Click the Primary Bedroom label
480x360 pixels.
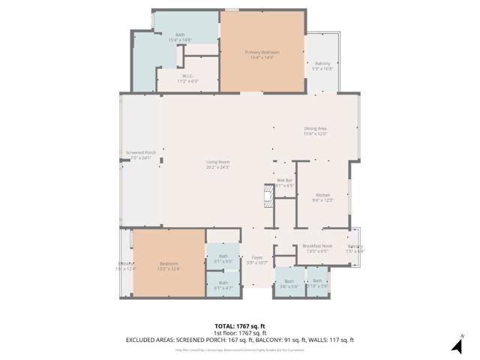point(262,52)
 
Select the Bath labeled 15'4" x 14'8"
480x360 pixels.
point(180,36)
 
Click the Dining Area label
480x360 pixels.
point(315,129)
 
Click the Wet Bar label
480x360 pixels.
point(284,181)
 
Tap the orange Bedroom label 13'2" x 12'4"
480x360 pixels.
point(169,264)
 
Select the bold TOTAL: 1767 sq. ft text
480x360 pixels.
point(240,326)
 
